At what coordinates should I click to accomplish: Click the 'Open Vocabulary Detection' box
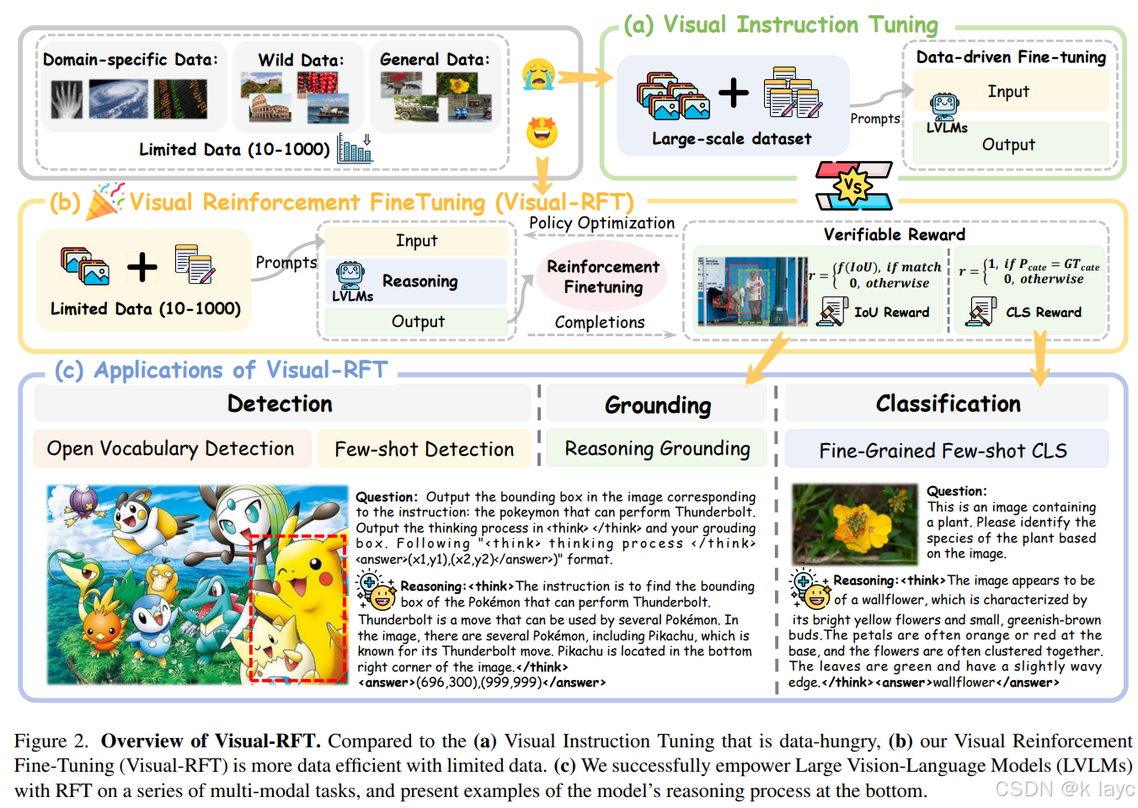point(171,448)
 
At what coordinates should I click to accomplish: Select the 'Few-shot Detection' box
point(424,449)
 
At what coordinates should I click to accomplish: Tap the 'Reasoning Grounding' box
point(657,448)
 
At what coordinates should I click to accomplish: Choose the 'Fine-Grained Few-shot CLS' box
point(943,451)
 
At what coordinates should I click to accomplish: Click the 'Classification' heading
point(948,404)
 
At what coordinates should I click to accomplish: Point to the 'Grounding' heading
point(658,405)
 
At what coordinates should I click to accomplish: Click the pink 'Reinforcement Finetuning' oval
point(603,276)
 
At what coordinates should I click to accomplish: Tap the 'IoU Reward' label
point(891,313)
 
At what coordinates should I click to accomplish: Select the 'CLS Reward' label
point(1043,313)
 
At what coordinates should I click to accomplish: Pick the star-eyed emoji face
point(542,132)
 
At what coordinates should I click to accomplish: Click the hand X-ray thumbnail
point(67,99)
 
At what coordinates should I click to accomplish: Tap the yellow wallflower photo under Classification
point(854,523)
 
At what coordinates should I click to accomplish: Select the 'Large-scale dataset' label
point(731,139)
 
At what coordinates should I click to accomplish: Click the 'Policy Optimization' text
point(601,223)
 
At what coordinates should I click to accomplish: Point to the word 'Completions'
point(599,323)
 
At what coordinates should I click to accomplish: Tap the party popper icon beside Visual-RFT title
point(107,201)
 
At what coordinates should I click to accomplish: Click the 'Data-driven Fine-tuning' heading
point(1011,57)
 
